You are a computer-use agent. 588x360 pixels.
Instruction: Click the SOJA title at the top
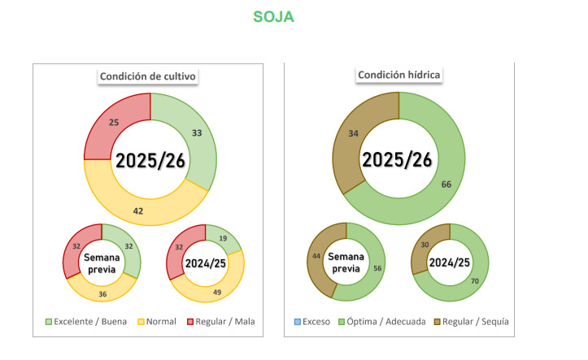coord(273,17)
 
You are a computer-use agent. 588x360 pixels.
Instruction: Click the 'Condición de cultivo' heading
coord(149,76)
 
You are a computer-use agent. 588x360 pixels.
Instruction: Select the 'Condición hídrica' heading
coord(398,75)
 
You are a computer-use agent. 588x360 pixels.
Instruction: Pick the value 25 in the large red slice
coord(115,122)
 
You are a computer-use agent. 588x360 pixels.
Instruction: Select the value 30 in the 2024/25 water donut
coord(424,244)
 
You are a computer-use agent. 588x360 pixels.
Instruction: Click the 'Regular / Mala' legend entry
coord(224,322)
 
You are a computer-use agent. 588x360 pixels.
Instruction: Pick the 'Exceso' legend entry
coord(312,322)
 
